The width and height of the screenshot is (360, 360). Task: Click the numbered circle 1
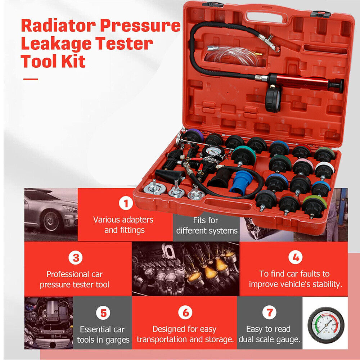point(126,203)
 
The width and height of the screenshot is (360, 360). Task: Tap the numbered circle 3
point(76,258)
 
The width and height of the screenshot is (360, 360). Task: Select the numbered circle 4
point(296,257)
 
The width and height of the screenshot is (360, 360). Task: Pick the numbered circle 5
point(104,313)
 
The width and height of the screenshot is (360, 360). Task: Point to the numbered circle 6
point(185,312)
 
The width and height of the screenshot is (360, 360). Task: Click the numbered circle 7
point(270,312)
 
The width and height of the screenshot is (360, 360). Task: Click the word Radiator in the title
point(58,26)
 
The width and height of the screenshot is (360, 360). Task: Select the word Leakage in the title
point(56,44)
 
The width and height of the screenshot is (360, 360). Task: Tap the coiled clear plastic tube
point(232,56)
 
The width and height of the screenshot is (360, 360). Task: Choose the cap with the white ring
point(324,170)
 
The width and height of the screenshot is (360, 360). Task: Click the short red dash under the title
point(31,79)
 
